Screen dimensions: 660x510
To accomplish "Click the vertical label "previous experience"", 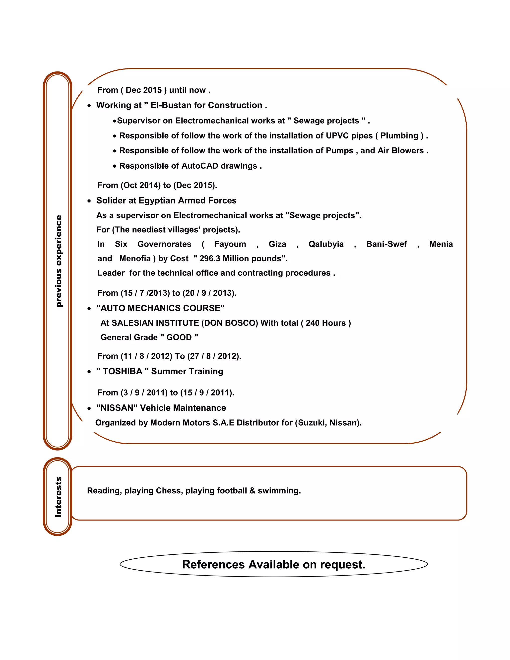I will click(59, 261).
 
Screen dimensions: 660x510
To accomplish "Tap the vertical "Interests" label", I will click(58, 497).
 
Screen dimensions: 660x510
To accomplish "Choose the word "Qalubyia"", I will click(326, 244).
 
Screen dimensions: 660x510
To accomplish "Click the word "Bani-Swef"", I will click(386, 244).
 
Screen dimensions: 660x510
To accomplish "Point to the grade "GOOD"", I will click(179, 337).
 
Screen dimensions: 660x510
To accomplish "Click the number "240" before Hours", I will click(313, 323).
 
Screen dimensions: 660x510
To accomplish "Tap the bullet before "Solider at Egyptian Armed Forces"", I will click(89, 201).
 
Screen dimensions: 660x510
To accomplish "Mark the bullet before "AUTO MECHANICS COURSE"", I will click(89, 309).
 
